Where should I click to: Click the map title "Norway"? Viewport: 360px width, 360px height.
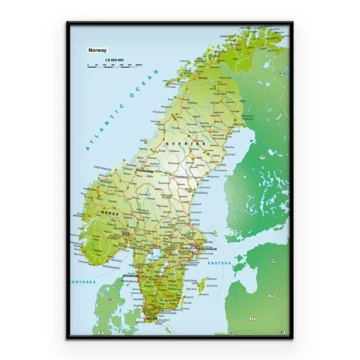click(x=96, y=50)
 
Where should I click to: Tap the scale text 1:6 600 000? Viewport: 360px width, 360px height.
click(x=114, y=59)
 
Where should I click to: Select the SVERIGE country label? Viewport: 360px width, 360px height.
click(x=175, y=143)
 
